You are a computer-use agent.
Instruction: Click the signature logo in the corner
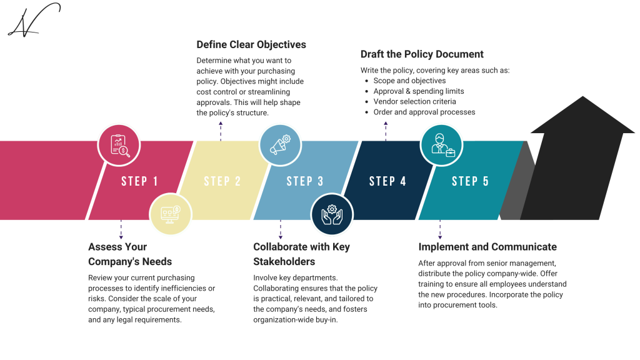(33, 20)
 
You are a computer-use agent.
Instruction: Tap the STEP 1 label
(139, 181)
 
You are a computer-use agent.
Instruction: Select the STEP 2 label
(222, 181)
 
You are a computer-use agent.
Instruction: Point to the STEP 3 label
(305, 181)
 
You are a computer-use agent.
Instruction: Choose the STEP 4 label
(387, 181)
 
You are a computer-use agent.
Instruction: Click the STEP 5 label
(470, 181)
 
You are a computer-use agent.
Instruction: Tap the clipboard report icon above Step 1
(119, 145)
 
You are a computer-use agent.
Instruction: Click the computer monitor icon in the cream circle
(170, 214)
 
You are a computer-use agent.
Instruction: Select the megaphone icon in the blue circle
(280, 145)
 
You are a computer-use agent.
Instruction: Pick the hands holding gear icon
(331, 214)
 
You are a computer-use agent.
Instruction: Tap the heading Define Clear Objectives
(251, 44)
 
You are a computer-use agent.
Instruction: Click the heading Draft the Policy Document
(422, 54)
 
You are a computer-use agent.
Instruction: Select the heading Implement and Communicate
(487, 247)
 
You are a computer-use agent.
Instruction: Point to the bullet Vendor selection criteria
(414, 101)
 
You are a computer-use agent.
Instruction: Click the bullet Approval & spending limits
(418, 91)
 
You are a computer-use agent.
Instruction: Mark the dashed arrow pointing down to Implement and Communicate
(440, 229)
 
